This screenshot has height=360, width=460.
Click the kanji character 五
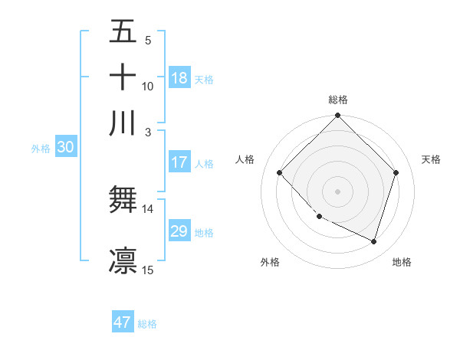point(123,32)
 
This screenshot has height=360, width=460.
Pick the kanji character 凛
point(123,260)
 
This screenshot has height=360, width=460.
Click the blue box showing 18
point(179,78)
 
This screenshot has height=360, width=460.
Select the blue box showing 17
point(179,162)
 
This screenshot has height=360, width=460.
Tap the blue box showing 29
point(179,231)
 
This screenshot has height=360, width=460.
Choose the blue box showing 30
point(65,148)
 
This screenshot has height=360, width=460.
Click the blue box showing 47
point(123,322)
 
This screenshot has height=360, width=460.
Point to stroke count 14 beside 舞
point(148,208)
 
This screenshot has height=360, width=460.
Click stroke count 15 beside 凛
point(148,270)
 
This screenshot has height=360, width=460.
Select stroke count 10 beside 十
point(148,86)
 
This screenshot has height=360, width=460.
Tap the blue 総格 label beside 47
point(147,324)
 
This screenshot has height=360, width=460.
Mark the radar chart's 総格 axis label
point(338,100)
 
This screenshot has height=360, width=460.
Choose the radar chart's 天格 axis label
point(432,159)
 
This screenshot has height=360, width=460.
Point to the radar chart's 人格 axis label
point(245,159)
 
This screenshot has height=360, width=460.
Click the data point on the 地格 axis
point(374,241)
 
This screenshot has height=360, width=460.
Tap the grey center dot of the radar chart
point(338,191)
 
